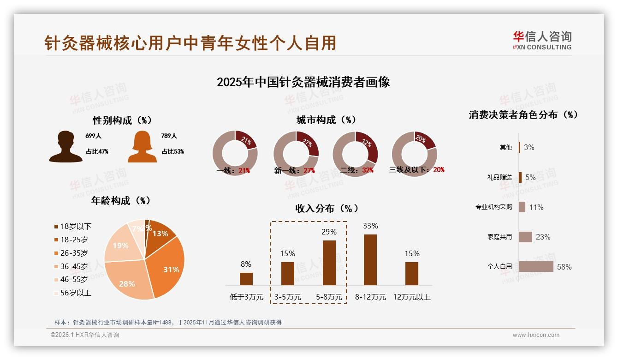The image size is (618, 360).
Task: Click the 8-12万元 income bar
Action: tap(370, 259)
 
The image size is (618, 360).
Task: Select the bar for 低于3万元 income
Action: tap(246, 279)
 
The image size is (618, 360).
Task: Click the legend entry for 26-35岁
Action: tap(74, 253)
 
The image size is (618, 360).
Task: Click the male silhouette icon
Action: tap(66, 146)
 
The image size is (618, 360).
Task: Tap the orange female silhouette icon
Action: tap(142, 146)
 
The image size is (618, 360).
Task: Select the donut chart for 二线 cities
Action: tap(355, 154)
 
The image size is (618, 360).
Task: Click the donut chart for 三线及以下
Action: tap(414, 154)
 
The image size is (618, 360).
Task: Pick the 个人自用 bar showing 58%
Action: tap(536, 266)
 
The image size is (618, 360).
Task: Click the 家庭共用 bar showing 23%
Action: tap(525, 237)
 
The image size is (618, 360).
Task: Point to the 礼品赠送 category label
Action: tap(499, 177)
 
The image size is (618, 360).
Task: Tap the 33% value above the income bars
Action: tap(370, 226)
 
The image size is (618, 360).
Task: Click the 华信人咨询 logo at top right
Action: tap(542, 40)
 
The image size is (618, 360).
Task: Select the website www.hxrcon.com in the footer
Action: tap(536, 335)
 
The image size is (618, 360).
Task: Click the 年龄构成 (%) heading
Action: tap(121, 201)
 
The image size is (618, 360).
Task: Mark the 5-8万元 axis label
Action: tap(329, 297)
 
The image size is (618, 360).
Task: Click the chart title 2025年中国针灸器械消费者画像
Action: tap(303, 82)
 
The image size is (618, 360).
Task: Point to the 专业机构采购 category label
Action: tap(493, 207)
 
